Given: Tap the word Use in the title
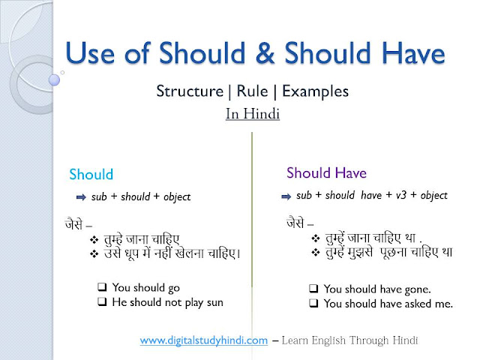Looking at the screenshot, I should pyautogui.click(x=91, y=54).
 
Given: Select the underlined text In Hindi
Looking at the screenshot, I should pyautogui.click(x=252, y=115).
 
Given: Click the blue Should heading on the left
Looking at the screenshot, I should pyautogui.click(x=91, y=175).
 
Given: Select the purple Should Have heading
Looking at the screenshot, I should pyautogui.click(x=326, y=173).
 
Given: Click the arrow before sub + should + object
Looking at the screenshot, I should pyautogui.click(x=79, y=197).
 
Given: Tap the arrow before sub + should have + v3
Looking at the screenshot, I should pyautogui.click(x=285, y=196).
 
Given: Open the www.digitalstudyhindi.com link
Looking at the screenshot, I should pyautogui.click(x=203, y=340).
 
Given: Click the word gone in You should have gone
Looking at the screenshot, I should pyautogui.click(x=415, y=289).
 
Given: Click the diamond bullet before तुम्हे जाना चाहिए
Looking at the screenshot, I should pyautogui.click(x=94, y=239).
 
